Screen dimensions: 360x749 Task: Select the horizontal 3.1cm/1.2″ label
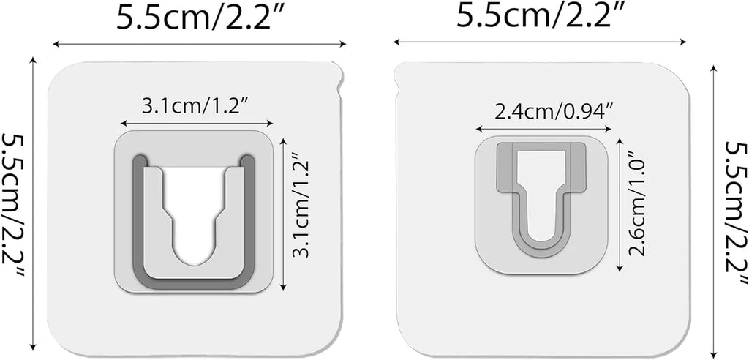tap(197, 107)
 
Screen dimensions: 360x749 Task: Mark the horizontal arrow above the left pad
tap(199, 45)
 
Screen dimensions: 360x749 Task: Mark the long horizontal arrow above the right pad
tap(539, 41)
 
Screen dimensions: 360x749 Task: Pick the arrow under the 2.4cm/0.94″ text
tap(543, 130)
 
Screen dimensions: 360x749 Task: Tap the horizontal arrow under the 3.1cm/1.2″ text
tap(197, 124)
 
